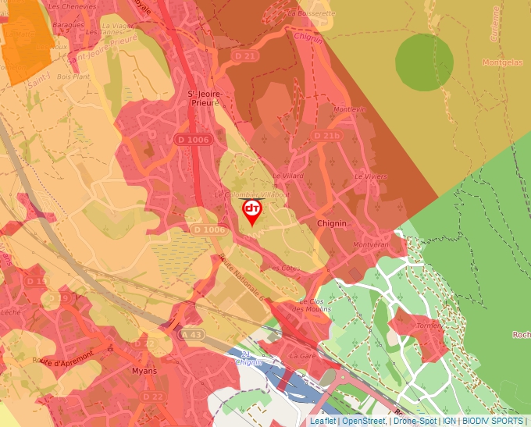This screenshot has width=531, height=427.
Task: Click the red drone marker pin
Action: (251, 211)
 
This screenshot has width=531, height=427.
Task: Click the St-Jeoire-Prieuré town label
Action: (205, 98)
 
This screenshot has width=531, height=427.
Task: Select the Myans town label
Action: (144, 371)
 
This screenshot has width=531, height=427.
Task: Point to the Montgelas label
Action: (503, 62)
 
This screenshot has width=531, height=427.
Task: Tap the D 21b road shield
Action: (326, 136)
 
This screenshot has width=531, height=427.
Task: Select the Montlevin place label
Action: (349, 109)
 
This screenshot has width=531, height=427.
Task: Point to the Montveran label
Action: (371, 244)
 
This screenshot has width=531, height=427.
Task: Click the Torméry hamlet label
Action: (429, 326)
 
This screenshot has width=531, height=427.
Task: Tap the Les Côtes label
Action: (283, 268)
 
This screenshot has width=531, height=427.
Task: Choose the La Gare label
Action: (301, 355)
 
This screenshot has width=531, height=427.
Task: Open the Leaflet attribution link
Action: (323, 421)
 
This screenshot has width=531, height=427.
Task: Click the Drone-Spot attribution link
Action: (414, 421)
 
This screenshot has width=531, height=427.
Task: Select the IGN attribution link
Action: (449, 421)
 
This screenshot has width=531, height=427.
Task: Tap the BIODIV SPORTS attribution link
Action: (492, 421)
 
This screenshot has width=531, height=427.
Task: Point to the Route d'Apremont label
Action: (63, 358)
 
